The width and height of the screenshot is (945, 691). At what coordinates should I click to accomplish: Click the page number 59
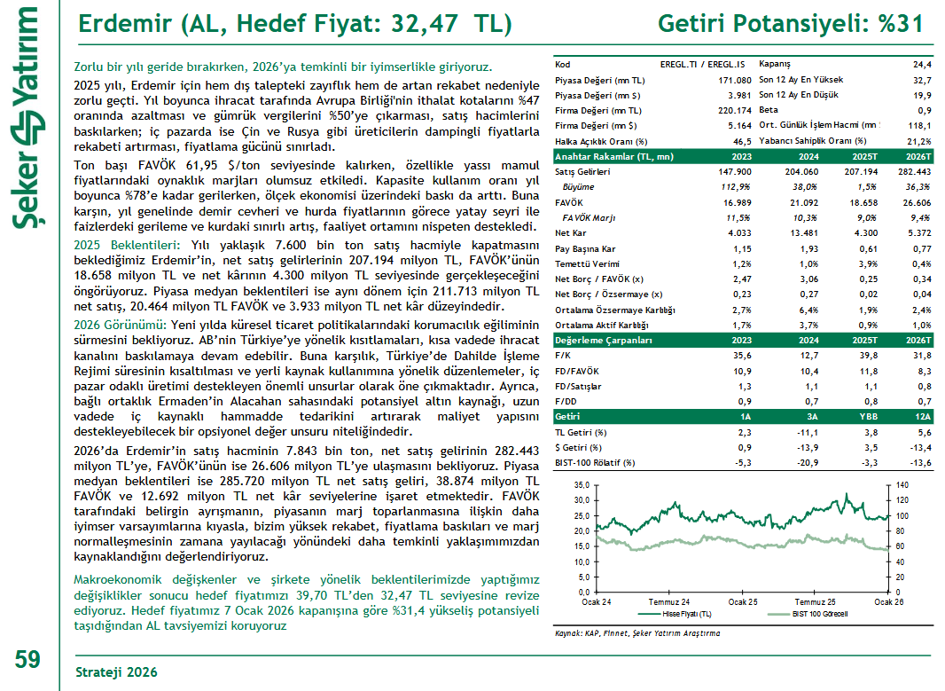coord(27,659)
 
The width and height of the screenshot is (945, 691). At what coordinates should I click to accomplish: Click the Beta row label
coord(770,110)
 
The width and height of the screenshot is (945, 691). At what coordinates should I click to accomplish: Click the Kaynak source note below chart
coord(637,633)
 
